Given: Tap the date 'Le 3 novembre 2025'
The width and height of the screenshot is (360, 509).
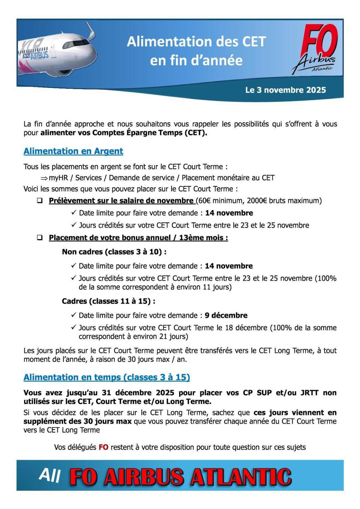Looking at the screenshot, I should [285, 90].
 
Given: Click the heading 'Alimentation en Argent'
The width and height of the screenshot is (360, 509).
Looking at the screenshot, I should [73, 151].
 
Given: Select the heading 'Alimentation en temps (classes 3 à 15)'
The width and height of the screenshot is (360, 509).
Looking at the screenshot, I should [107, 377].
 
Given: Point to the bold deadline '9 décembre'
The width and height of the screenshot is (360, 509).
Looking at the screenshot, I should [226, 316].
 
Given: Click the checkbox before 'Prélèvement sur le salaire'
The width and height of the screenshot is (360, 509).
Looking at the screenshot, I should [40, 201].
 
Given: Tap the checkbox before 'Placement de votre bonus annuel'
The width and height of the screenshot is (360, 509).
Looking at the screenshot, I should [40, 238].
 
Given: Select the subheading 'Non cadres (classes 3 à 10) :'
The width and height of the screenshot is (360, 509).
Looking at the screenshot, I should [114, 252].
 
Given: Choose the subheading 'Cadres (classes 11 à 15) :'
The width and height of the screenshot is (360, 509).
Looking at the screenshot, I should [108, 301].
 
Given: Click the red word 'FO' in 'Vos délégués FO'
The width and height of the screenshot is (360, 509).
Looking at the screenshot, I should [103, 448].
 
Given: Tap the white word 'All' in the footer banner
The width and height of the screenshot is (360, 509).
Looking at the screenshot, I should [50, 475].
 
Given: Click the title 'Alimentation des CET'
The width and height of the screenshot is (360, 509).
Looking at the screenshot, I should [196, 41].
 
